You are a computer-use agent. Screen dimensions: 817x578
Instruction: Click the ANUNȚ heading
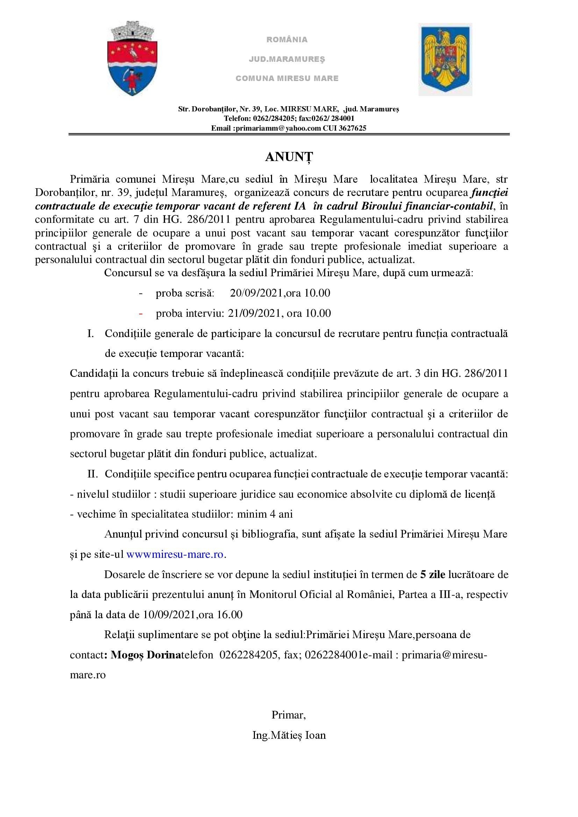289,157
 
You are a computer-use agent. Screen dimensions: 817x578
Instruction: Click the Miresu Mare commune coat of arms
133,59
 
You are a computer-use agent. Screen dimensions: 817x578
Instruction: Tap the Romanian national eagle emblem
445,59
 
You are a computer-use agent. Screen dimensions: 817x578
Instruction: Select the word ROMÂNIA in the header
287,39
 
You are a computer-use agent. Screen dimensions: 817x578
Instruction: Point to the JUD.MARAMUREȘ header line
287,59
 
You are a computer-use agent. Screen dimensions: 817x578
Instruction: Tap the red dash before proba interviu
141,313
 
